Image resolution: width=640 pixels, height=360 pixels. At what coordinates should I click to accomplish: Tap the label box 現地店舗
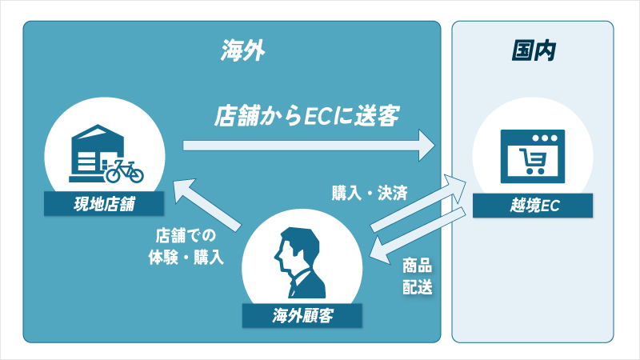104,206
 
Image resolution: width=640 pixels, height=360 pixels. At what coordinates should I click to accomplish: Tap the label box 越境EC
533,206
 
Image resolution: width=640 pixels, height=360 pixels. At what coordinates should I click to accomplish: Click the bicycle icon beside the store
123,170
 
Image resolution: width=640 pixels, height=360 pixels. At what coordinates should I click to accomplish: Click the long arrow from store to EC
308,146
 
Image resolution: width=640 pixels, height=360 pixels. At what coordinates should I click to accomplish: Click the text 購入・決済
369,193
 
